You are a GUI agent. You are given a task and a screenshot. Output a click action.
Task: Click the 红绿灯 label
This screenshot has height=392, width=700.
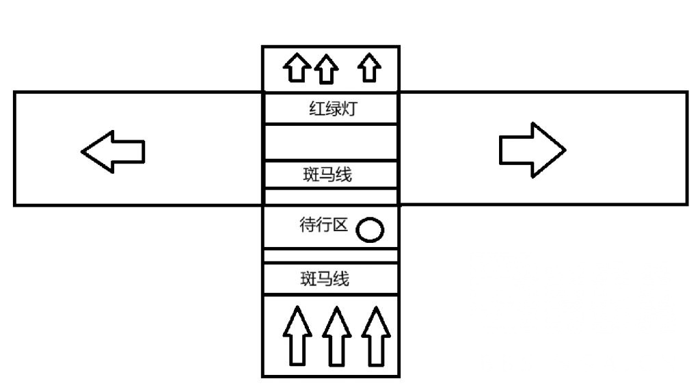[x=333, y=109]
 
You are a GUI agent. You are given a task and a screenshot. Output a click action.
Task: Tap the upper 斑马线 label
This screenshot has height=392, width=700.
[x=327, y=174]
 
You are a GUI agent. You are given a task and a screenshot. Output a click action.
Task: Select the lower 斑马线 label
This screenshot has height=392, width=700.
[x=325, y=279]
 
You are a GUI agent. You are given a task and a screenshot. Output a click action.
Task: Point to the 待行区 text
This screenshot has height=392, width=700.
[x=325, y=225]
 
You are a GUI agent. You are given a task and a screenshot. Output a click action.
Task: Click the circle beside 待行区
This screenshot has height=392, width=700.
[x=371, y=230]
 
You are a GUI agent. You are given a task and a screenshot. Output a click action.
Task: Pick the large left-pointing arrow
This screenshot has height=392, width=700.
[x=113, y=149]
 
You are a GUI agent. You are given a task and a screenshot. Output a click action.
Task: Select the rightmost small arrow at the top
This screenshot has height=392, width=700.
[x=370, y=68]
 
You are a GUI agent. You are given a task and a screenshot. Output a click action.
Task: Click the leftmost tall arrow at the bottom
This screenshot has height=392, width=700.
[x=297, y=335]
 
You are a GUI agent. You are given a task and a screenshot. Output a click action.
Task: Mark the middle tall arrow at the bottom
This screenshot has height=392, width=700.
[x=336, y=335]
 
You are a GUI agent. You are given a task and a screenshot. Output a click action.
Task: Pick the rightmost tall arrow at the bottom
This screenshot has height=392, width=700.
[x=375, y=335]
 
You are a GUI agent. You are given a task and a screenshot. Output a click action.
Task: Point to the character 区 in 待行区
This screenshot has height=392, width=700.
[x=341, y=225]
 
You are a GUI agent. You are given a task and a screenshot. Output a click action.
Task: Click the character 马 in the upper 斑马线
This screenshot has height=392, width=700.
[x=327, y=174]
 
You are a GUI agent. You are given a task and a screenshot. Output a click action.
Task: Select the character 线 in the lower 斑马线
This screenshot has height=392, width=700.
[x=341, y=279]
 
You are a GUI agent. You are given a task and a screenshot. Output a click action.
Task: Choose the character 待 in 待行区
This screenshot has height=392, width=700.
[x=308, y=225]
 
